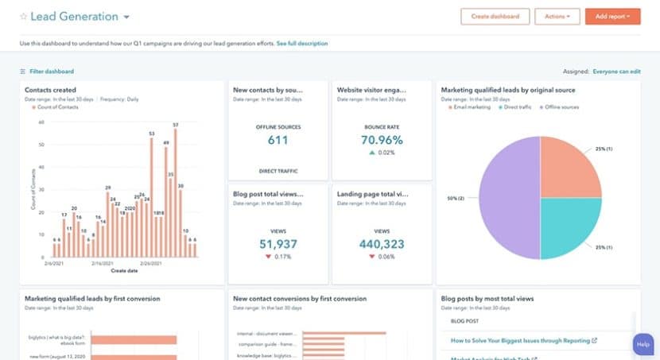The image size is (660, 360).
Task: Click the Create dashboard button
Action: (x=495, y=16)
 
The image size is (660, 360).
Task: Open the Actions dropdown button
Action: (x=557, y=16)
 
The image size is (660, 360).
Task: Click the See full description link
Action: (x=302, y=43)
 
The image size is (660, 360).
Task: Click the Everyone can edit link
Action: (x=616, y=72)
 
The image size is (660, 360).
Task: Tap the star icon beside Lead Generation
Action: (x=23, y=17)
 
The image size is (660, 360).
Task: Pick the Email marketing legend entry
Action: (x=471, y=106)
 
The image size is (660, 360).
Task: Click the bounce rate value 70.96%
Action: (x=381, y=141)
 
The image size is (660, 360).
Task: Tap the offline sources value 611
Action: (x=278, y=141)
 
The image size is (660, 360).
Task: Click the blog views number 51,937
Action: (x=278, y=243)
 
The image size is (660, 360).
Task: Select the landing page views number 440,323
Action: (x=381, y=243)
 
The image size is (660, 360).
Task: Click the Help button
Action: (x=643, y=344)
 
